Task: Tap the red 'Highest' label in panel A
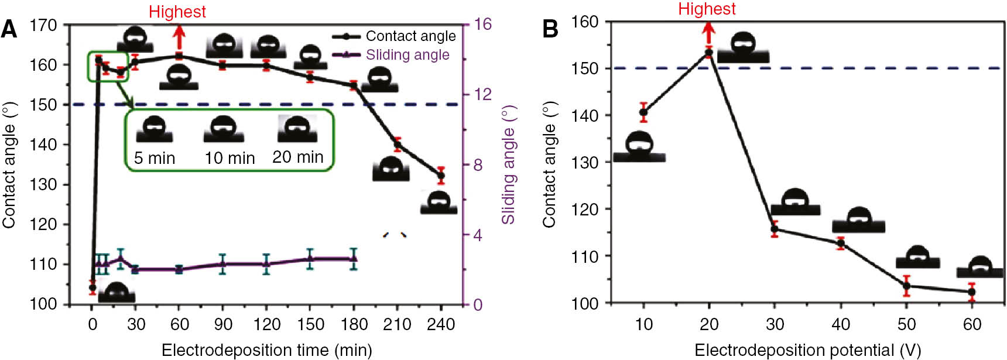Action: click(177, 12)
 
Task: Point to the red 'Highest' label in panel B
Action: click(707, 9)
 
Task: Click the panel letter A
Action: click(9, 29)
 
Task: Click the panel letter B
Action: click(550, 29)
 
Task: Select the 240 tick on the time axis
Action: click(441, 324)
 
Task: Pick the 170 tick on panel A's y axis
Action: click(43, 25)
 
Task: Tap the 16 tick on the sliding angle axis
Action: click(483, 24)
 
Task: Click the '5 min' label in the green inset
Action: click(155, 158)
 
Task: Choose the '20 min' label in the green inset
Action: click(297, 157)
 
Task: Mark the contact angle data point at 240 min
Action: click(441, 175)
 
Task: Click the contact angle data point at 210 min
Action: click(398, 145)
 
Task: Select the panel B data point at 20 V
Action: click(709, 53)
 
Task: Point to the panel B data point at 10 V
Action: click(643, 112)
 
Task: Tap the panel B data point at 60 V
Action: click(972, 292)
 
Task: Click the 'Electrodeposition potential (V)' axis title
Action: click(807, 350)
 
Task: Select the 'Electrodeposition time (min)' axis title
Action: click(266, 350)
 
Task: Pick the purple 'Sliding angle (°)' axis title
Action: click(508, 164)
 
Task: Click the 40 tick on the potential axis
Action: click(841, 324)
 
